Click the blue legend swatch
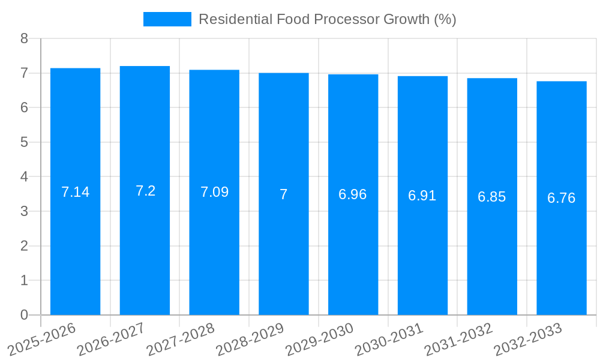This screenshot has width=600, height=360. coord(167,19)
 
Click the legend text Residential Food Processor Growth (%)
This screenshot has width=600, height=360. coord(327,19)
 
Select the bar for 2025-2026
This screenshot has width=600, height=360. coord(75,252)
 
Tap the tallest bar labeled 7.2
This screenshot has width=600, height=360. coord(145,252)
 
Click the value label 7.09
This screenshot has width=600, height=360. coord(214,192)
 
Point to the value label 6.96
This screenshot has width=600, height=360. coord(353,194)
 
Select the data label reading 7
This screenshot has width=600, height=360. coord(283,194)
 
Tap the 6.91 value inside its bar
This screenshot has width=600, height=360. coord(422,196)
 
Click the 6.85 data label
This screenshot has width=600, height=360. coord(492,197)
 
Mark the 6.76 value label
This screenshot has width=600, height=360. coord(562,198)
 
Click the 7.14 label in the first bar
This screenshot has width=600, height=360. coord(76,192)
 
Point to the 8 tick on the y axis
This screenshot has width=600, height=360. coord(25,38)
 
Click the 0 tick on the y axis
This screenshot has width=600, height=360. coord(25,315)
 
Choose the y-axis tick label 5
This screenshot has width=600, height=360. coord(25,142)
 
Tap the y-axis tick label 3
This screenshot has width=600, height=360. coord(25,211)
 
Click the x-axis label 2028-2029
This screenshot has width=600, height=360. coord(250,340)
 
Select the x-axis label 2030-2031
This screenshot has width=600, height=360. coord(389,340)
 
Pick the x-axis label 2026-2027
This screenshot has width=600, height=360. coord(112,340)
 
